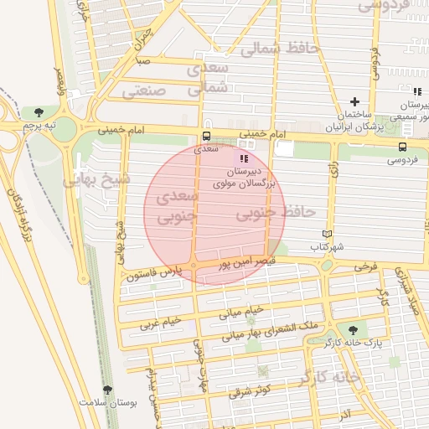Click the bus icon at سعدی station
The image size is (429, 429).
point(206,136)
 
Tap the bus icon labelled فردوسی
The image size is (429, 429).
point(403,147)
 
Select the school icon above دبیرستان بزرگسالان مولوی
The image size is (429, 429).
point(244,158)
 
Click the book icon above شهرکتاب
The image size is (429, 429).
point(327,235)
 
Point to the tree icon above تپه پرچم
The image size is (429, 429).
point(39,111)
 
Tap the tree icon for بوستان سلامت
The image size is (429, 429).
point(106,390)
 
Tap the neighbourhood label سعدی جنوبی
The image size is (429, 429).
point(174,206)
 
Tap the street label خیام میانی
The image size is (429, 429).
point(241,313)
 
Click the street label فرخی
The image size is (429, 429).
point(366,266)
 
